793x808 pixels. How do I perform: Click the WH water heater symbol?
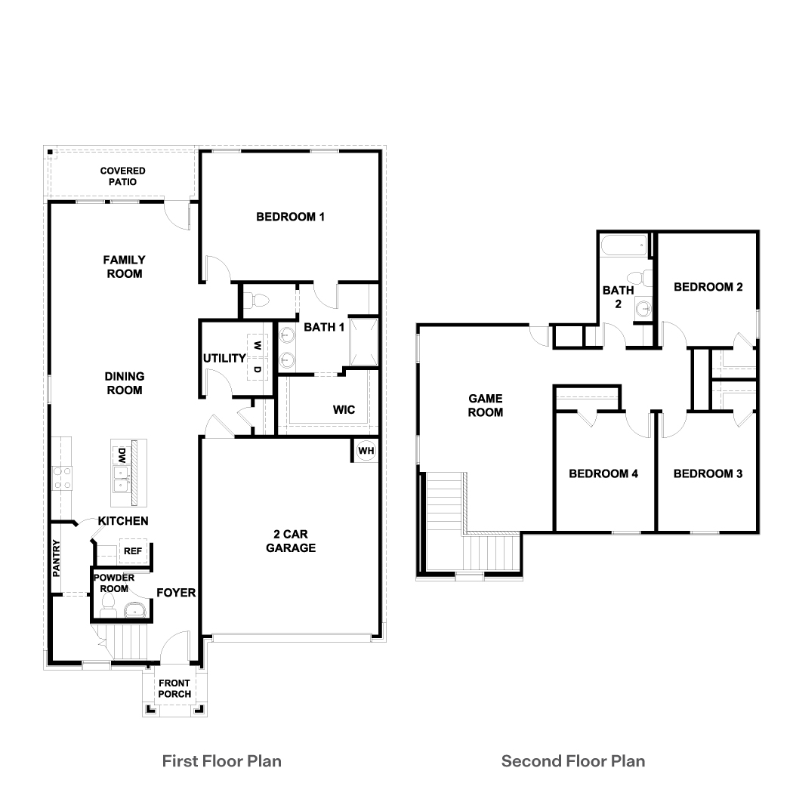(x=366, y=451)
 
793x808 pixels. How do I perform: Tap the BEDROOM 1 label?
(x=290, y=217)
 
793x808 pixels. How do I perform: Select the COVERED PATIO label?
(x=122, y=177)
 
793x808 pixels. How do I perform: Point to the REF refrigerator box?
(x=133, y=551)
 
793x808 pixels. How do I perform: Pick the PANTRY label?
(x=57, y=557)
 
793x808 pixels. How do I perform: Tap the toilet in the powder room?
(x=106, y=604)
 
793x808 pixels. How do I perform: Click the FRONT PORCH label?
(x=174, y=689)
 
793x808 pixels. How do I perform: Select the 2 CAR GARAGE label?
(x=290, y=541)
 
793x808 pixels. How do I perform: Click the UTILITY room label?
(x=224, y=358)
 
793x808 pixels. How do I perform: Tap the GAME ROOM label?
(x=485, y=406)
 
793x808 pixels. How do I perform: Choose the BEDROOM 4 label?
(x=603, y=474)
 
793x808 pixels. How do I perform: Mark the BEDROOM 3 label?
(x=708, y=474)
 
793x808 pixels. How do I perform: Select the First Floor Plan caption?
(x=222, y=760)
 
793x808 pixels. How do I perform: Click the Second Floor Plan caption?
(x=573, y=760)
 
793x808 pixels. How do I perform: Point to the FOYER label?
(x=176, y=593)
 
